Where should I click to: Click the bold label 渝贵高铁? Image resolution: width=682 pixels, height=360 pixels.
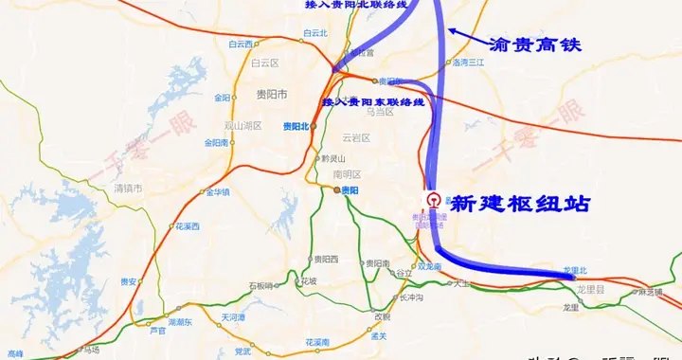pyautogui.click(x=534, y=45)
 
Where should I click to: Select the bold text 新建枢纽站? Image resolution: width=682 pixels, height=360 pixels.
pyautogui.click(x=519, y=203)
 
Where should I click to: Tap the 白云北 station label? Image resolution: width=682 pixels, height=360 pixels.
pyautogui.click(x=314, y=33)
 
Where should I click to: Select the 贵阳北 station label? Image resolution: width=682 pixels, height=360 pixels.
pyautogui.click(x=296, y=125)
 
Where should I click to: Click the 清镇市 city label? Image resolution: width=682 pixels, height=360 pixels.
pyautogui.click(x=127, y=189)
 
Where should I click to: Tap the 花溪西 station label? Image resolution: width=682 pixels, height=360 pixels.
pyautogui.click(x=187, y=226)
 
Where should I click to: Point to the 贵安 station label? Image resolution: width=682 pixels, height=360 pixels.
pyautogui.click(x=129, y=281)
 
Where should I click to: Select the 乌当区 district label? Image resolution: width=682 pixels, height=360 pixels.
pyautogui.click(x=379, y=112)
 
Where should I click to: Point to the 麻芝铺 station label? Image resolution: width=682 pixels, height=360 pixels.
pyautogui.click(x=651, y=293)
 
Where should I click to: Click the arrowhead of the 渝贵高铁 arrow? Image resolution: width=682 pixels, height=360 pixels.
pyautogui.click(x=452, y=30)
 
